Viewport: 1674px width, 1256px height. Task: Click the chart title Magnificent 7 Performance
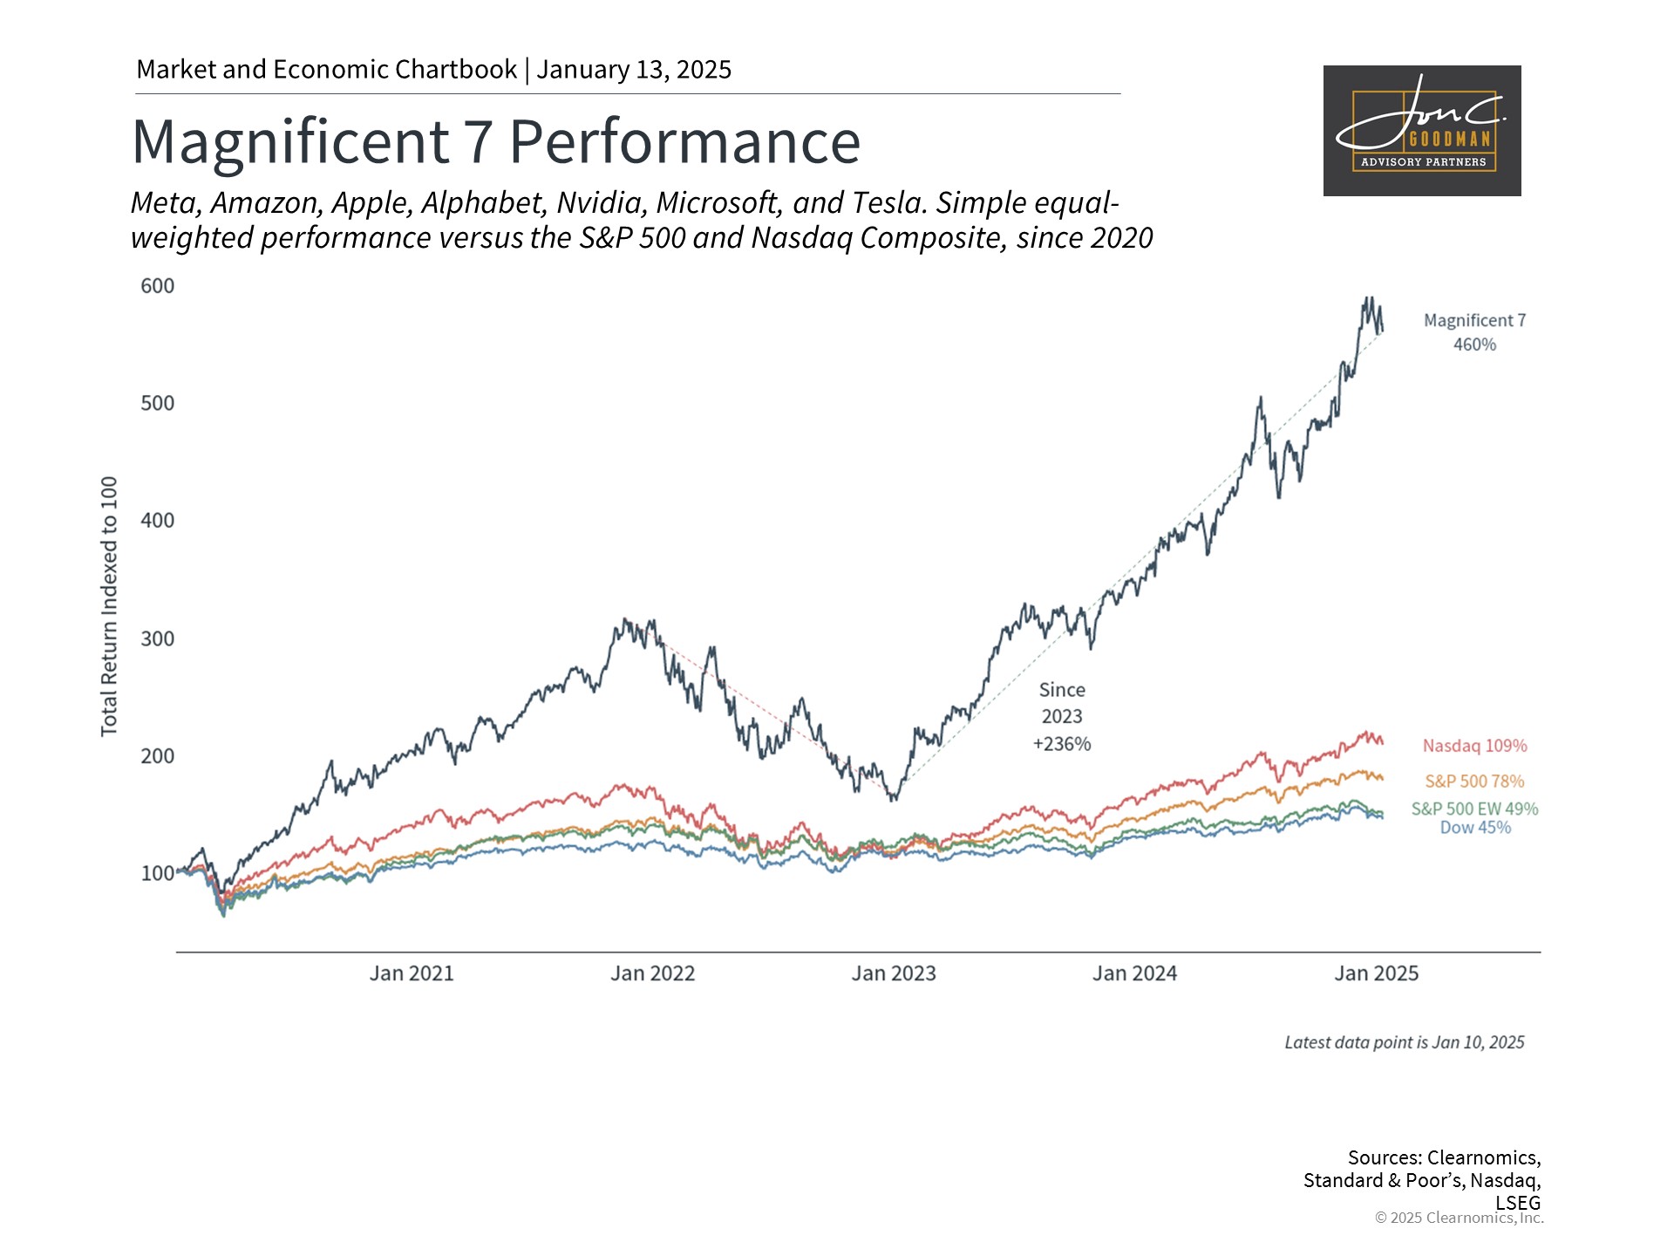click(496, 141)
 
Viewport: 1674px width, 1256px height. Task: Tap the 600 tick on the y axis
click(158, 286)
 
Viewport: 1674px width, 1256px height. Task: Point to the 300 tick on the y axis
click(158, 638)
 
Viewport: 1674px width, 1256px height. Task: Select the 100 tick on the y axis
click(158, 873)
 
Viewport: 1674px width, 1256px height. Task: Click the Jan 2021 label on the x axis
click(412, 973)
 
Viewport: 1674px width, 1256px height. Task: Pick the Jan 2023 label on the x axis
click(894, 973)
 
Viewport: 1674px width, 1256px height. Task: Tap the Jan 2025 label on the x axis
click(1376, 973)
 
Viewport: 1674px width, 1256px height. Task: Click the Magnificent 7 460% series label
click(1474, 332)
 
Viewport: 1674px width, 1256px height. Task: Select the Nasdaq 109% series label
click(1474, 746)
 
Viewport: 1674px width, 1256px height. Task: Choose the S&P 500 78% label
click(1474, 782)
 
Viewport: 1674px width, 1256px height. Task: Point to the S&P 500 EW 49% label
click(1474, 809)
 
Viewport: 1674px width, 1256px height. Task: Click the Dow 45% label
click(1474, 828)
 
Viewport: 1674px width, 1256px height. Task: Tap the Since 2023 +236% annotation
click(1062, 717)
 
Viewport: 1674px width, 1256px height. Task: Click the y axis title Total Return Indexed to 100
click(109, 606)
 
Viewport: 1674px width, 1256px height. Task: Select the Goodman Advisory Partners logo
click(1422, 131)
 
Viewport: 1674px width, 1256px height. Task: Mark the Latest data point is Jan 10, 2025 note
click(1404, 1042)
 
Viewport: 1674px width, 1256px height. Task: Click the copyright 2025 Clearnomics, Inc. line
click(1459, 1218)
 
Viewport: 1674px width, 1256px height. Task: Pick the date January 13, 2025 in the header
click(634, 70)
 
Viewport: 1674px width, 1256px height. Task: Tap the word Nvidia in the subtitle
click(602, 202)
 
